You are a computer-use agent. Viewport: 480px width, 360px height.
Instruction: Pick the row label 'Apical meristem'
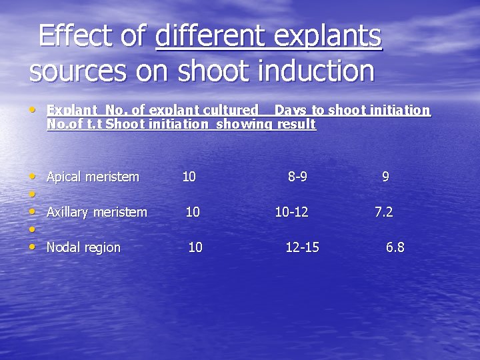point(93,177)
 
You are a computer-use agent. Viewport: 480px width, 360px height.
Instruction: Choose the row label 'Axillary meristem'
point(97,212)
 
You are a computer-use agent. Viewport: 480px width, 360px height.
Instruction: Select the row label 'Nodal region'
point(83,247)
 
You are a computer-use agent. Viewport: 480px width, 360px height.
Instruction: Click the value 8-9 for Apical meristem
point(297,177)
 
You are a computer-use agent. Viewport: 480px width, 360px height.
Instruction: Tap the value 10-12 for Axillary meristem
point(291,212)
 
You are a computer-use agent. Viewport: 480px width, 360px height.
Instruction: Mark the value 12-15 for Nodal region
point(302,247)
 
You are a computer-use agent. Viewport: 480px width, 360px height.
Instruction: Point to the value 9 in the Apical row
point(385,177)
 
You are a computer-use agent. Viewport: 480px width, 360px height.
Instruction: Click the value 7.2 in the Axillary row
point(383,212)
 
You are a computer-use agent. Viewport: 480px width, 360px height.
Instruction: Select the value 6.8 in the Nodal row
point(395,247)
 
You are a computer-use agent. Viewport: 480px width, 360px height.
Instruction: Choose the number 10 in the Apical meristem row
point(189,177)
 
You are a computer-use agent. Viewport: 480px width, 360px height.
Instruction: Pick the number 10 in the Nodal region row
point(195,247)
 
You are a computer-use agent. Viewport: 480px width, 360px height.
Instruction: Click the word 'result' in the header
point(296,124)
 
